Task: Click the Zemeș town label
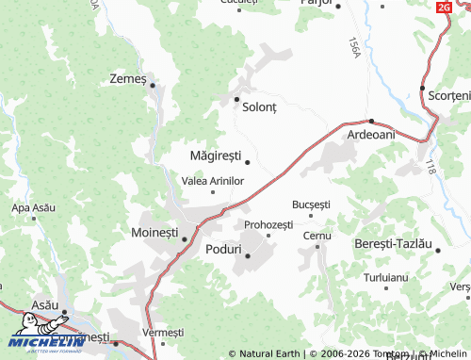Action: tap(128, 78)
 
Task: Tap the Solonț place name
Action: tap(260, 107)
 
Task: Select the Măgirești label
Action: tap(216, 155)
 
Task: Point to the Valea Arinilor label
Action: tap(213, 180)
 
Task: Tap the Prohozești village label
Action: tap(268, 224)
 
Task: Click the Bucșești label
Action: tap(312, 204)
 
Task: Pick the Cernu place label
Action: tap(317, 235)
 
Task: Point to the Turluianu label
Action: tap(386, 278)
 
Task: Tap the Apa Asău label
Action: tap(33, 207)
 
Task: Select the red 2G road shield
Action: tap(444, 7)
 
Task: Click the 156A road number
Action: tap(354, 47)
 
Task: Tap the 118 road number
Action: tap(430, 166)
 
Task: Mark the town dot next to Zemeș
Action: tap(152, 86)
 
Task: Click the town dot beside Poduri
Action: tap(248, 255)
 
